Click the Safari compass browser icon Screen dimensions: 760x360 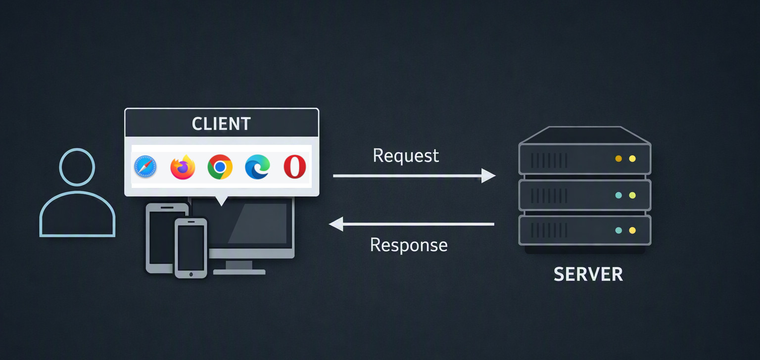pos(145,167)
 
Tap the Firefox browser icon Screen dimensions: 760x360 pos(183,167)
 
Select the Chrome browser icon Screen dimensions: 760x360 pos(220,167)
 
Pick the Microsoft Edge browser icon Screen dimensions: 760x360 pos(257,167)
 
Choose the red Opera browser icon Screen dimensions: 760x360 pos(294,167)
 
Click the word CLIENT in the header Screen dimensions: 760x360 pos(221,124)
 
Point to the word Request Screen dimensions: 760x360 pos(406,156)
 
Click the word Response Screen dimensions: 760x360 pos(409,245)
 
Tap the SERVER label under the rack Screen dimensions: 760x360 pos(588,274)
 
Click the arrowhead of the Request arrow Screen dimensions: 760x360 pos(488,176)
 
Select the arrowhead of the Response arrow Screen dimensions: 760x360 pos(336,224)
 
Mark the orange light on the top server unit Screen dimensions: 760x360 pos(618,159)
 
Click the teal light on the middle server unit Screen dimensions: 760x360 pos(618,195)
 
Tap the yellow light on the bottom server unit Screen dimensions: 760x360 pos(632,230)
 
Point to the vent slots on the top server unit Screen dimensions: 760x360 pos(549,161)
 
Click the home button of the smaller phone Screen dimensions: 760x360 pos(191,274)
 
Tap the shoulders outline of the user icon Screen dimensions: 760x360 pos(77,192)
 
